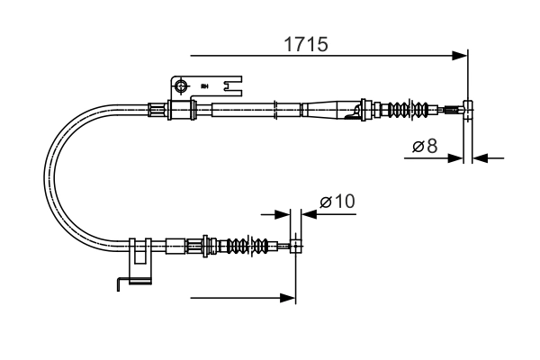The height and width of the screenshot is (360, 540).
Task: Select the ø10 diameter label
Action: (x=337, y=202)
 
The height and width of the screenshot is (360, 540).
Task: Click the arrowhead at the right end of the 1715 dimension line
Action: (x=461, y=56)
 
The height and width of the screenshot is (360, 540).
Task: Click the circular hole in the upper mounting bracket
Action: (x=181, y=86)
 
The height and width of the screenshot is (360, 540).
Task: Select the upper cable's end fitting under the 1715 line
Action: (x=466, y=112)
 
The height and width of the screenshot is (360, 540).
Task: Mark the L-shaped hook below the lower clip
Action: (x=123, y=284)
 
